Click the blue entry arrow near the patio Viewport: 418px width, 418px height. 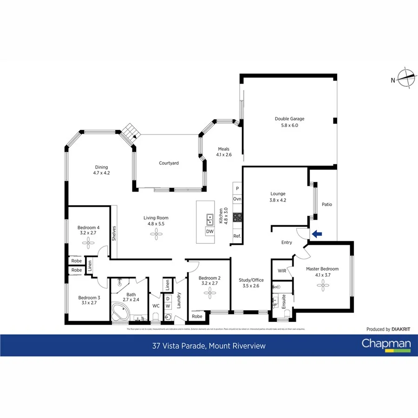(x=317, y=234)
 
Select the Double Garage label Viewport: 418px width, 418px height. (x=289, y=122)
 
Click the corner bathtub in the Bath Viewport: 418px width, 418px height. (x=121, y=312)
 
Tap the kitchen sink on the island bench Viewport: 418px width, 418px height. (x=210, y=217)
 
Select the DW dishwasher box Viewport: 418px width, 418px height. (x=209, y=232)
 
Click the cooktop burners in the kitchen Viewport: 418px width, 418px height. (x=237, y=217)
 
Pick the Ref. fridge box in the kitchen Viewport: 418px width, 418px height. (x=237, y=236)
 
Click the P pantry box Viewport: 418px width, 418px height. (x=237, y=189)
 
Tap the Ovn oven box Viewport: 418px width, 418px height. (x=237, y=199)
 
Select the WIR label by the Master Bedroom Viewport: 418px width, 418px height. (x=281, y=271)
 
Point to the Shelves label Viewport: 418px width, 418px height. (x=113, y=233)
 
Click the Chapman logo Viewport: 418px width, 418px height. (x=386, y=344)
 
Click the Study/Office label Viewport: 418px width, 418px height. (x=251, y=280)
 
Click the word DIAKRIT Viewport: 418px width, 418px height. (x=401, y=329)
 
